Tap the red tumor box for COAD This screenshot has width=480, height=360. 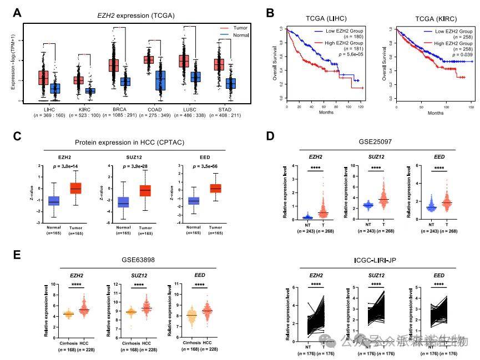click(x=149, y=59)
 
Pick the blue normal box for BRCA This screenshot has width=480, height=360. click(x=125, y=81)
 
